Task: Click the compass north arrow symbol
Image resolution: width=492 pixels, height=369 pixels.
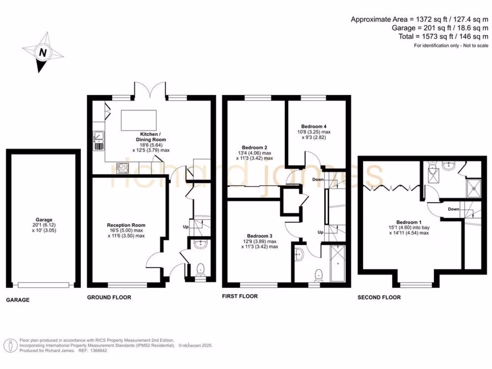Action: [42, 52]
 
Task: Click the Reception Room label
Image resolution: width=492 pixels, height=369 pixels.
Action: [126, 225]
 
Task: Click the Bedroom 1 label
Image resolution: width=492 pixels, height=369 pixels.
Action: [409, 222]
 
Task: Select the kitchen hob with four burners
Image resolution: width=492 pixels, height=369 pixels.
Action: [123, 168]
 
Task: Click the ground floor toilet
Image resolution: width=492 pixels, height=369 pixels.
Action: [200, 270]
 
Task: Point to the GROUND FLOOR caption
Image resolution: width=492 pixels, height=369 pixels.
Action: [109, 297]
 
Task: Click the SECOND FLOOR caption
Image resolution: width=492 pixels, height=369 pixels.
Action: [379, 297]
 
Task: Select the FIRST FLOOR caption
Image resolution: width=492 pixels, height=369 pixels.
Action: [240, 296]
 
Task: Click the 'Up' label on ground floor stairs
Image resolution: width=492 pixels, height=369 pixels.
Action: [186, 226]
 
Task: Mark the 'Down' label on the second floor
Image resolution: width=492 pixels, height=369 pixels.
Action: [453, 209]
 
